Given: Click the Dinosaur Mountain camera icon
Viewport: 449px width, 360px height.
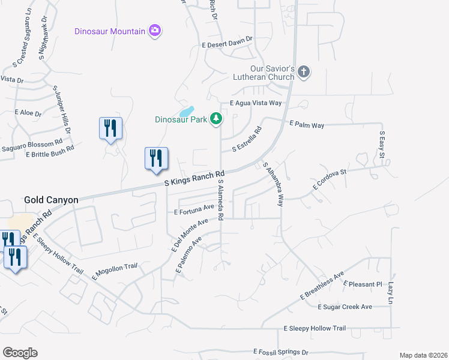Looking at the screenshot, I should [x=155, y=31].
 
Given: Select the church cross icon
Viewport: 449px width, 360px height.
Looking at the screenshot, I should [x=304, y=72].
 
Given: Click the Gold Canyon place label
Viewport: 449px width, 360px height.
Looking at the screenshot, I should [x=50, y=199].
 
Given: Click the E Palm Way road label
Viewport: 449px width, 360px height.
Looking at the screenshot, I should [x=306, y=125].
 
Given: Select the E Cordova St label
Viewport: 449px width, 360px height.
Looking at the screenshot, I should [x=330, y=179].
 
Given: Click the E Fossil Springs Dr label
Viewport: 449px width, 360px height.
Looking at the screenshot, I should [x=280, y=352].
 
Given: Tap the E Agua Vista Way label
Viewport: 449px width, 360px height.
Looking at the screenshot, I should [x=251, y=103].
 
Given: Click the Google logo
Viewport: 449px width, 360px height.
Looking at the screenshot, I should [x=20, y=353].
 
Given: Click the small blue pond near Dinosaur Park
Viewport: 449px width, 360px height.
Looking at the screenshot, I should [x=186, y=112].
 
